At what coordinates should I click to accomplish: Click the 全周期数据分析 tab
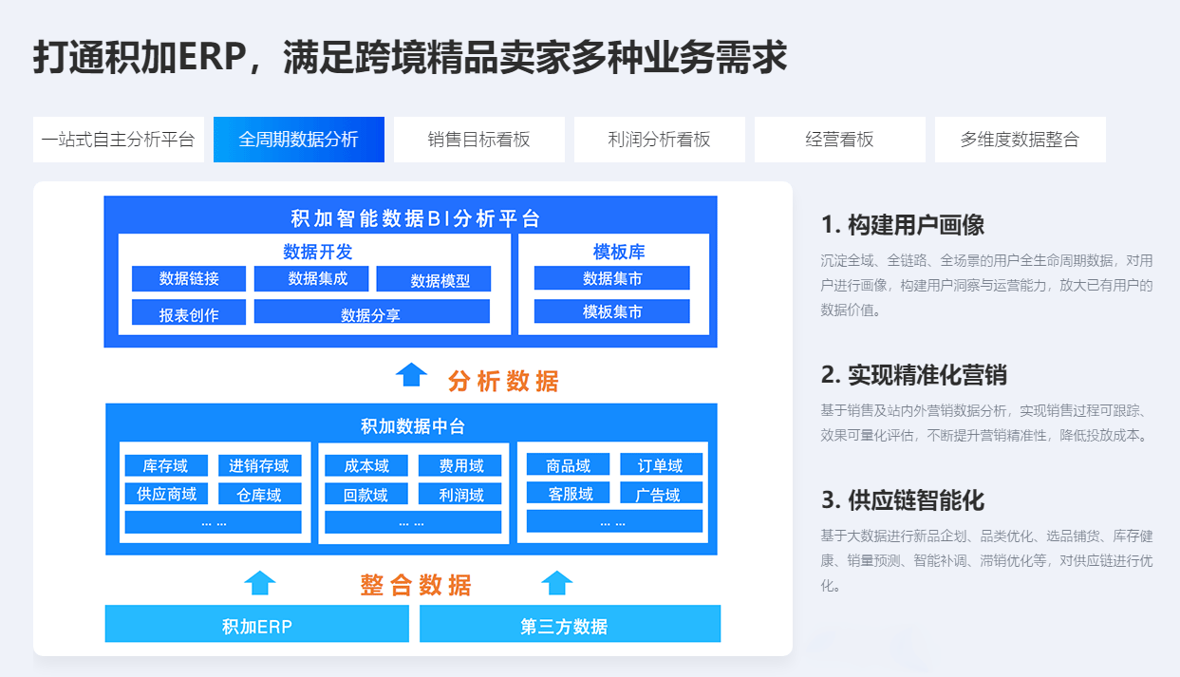point(299,140)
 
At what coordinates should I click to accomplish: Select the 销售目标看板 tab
point(478,140)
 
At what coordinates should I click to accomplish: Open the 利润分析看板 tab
point(660,140)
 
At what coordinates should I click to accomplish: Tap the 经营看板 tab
point(840,140)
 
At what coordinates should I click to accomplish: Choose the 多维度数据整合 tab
point(1021,140)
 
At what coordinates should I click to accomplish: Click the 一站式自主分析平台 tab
point(119,140)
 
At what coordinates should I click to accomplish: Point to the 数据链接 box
point(189,279)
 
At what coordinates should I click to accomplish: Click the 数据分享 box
point(372,311)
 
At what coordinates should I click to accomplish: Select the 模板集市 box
point(612,311)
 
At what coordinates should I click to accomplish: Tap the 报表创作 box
point(189,312)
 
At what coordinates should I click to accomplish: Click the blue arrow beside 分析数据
point(411,375)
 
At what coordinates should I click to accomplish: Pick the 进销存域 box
point(260,465)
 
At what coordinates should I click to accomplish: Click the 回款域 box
point(366,494)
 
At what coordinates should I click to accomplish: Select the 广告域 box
point(661,494)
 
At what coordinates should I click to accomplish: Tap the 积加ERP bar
point(257,624)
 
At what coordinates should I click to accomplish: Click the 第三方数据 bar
point(570,624)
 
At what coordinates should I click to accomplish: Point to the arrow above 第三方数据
point(557,583)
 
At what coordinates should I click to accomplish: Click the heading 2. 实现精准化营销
point(914,375)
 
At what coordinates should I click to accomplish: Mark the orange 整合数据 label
point(416,585)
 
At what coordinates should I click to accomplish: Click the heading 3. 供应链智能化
point(903,500)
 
